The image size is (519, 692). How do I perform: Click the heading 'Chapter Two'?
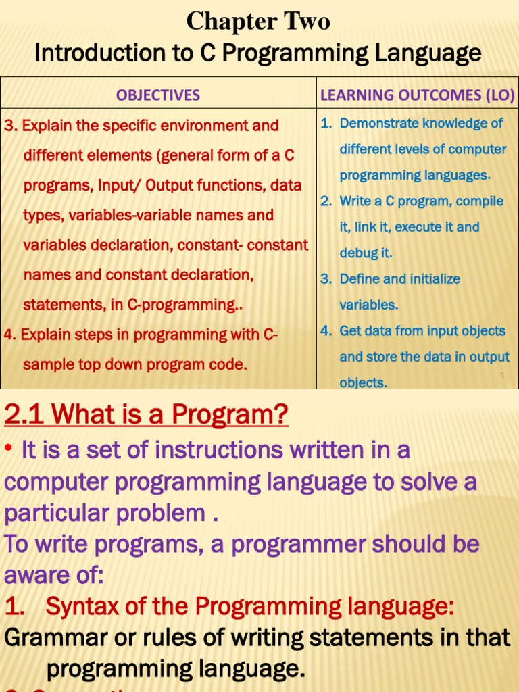[258, 22]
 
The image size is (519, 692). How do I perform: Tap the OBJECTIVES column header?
[158, 95]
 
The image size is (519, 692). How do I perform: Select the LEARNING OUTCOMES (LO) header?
[417, 95]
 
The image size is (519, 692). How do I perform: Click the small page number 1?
[502, 375]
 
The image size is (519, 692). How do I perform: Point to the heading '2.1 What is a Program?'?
[146, 414]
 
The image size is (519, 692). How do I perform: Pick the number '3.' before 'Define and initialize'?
[326, 279]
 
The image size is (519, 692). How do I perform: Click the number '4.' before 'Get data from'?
[326, 331]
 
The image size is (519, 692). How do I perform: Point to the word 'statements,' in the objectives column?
[58, 305]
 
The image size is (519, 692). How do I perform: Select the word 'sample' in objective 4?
[45, 365]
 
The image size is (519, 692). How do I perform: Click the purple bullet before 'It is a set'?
[9, 450]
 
